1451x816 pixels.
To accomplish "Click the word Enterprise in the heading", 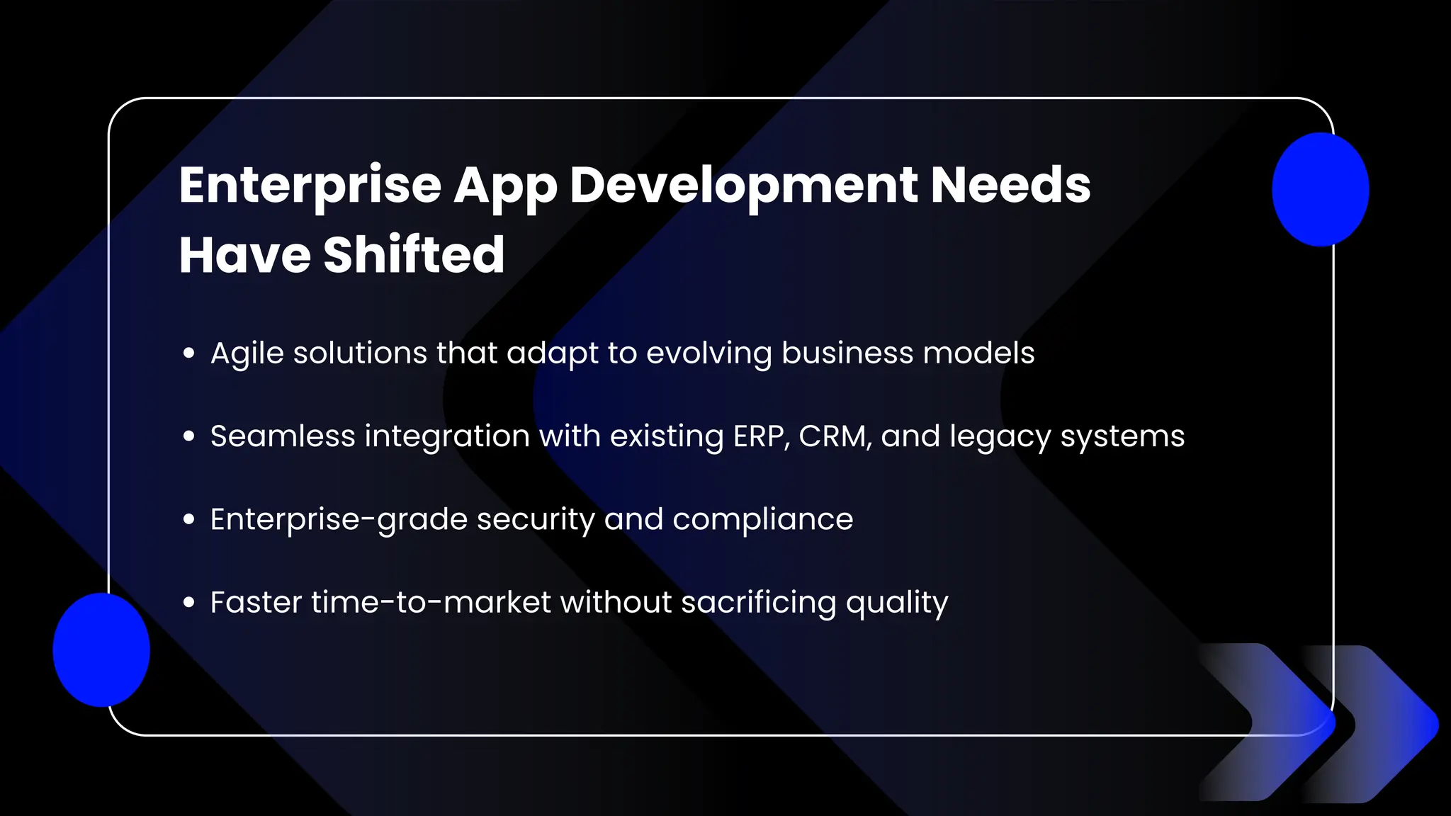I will point(310,186).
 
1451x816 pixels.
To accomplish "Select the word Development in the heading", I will point(744,186).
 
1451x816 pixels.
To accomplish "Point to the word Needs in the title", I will point(1010,185).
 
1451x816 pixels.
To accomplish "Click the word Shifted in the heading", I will point(414,255).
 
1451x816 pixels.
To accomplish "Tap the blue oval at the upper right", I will point(1320,189).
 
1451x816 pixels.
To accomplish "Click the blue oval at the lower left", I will point(101,650).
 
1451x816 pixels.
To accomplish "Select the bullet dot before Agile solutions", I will point(188,353).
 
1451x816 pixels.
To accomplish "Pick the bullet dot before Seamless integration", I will point(188,436).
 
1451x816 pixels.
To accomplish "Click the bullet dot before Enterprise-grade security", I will point(188,519).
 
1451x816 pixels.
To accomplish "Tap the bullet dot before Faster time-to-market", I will point(188,602).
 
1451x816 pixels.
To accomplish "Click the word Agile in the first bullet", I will point(247,353).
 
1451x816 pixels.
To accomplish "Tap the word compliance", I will point(762,520).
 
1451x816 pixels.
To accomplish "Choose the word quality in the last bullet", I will point(896,603).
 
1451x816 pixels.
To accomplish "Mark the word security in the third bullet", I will point(536,520).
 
